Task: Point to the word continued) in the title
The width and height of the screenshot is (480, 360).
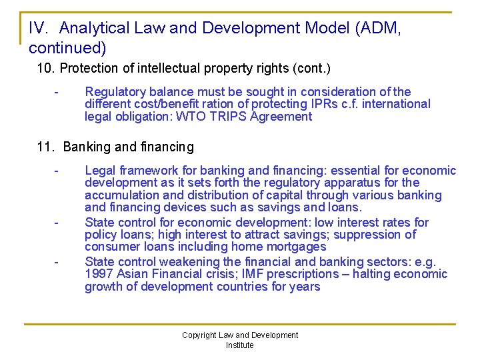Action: [67, 49]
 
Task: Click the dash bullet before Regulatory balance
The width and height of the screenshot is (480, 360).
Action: [58, 92]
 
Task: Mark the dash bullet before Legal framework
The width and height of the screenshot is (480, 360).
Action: [58, 171]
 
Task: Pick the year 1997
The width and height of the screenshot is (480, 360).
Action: [99, 274]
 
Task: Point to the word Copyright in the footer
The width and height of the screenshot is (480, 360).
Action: [199, 335]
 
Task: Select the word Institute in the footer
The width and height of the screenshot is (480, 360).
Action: [239, 345]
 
